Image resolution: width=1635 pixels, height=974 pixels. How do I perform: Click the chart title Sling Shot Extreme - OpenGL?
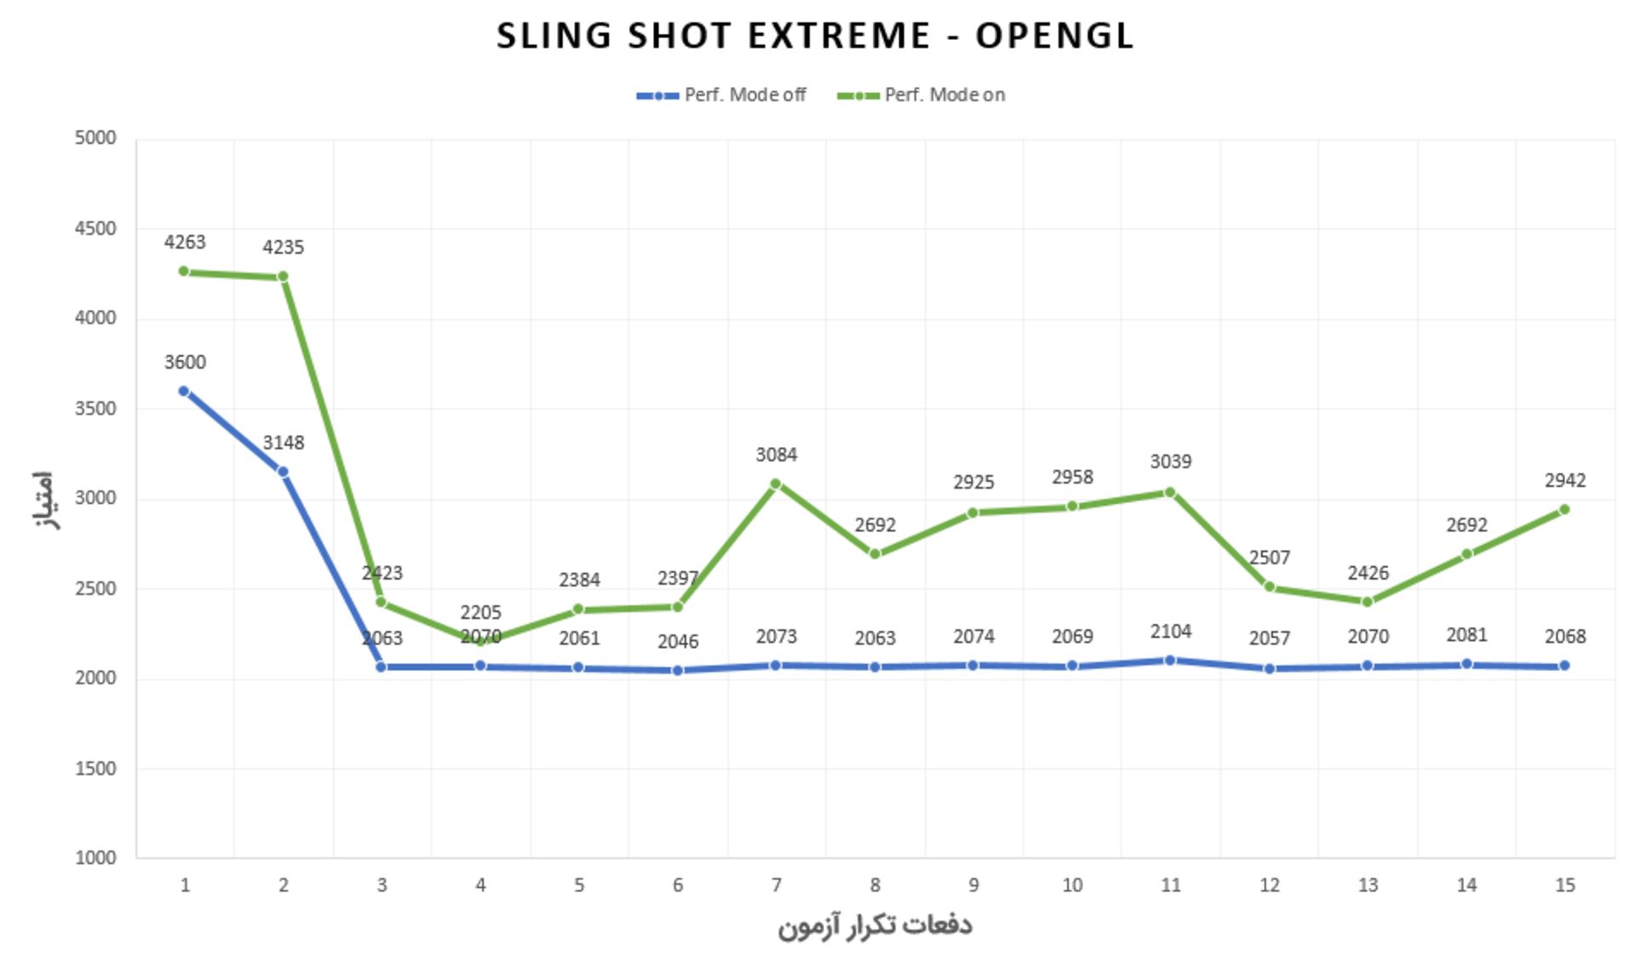pyautogui.click(x=815, y=36)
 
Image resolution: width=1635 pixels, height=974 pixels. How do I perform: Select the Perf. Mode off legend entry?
pyautogui.click(x=721, y=95)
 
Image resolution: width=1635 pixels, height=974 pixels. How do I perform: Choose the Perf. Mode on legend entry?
pyautogui.click(x=921, y=95)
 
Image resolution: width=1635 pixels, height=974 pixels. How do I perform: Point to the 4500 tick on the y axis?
pyautogui.click(x=95, y=228)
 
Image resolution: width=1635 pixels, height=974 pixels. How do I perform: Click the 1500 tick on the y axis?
pyautogui.click(x=95, y=768)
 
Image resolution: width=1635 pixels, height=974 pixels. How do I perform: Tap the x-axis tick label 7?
pyautogui.click(x=776, y=885)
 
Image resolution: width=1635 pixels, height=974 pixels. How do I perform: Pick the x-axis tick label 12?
pyautogui.click(x=1269, y=885)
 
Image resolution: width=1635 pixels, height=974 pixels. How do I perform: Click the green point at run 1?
pyautogui.click(x=184, y=272)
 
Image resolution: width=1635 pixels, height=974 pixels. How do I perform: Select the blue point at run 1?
pyautogui.click(x=184, y=392)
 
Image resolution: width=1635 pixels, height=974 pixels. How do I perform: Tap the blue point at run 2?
pyautogui.click(x=283, y=472)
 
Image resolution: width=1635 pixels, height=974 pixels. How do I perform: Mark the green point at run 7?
pyautogui.click(x=776, y=484)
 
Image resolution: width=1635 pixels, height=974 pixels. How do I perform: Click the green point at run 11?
pyautogui.click(x=1170, y=492)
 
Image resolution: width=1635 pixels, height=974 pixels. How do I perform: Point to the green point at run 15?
pyautogui.click(x=1564, y=510)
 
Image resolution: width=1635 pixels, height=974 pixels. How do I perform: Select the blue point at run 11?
pyautogui.click(x=1170, y=660)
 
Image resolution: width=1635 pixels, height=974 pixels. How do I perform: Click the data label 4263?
pyautogui.click(x=185, y=243)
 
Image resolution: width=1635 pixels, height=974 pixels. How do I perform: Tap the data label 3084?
pyautogui.click(x=776, y=455)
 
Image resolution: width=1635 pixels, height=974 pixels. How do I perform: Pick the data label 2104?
pyautogui.click(x=1170, y=632)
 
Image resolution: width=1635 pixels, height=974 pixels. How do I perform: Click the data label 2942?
pyautogui.click(x=1564, y=481)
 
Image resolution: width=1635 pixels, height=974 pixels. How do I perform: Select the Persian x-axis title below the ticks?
pyautogui.click(x=875, y=925)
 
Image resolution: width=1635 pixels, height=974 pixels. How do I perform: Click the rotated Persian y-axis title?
pyautogui.click(x=44, y=500)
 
